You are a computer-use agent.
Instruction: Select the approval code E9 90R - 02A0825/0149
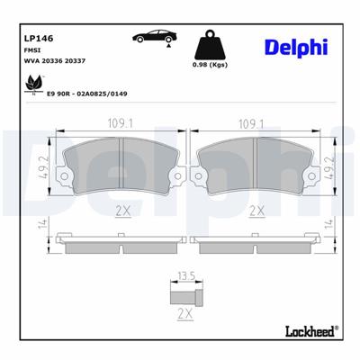point(88,92)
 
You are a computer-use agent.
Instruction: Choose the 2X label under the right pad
point(256,211)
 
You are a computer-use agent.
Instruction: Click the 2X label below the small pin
point(185,316)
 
